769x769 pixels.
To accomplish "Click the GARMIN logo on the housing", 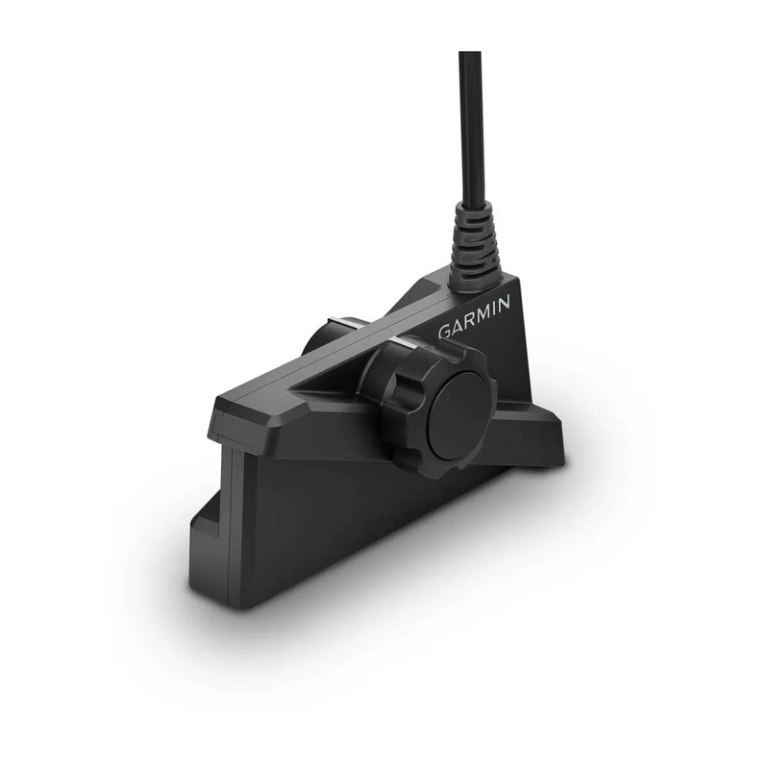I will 475,317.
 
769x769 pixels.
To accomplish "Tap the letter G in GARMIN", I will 445,332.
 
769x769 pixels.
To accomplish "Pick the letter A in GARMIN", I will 458,326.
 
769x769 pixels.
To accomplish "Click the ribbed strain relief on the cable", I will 473,245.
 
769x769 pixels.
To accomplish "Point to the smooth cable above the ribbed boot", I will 470,125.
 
